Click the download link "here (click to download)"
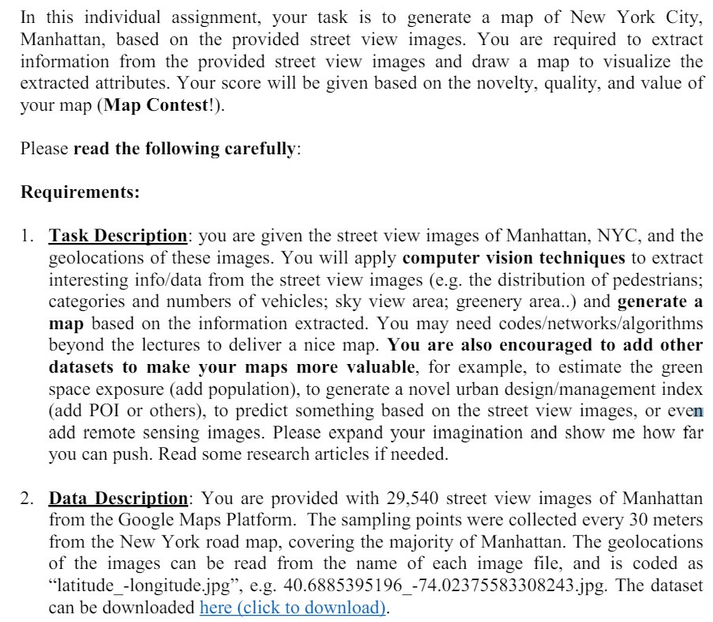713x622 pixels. pos(292,608)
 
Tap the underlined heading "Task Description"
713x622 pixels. pos(118,236)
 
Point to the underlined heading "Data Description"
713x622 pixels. pos(119,499)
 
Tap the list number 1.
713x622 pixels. pos(27,236)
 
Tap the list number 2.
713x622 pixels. pos(27,499)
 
